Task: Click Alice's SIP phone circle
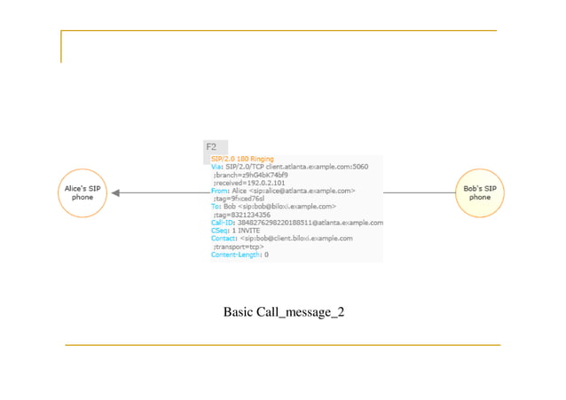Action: pos(83,193)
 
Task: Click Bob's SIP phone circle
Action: pos(480,193)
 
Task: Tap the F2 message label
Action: pos(211,146)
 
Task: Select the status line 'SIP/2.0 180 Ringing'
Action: pos(242,159)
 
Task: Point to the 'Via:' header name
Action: pos(217,167)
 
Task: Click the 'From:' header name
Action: pos(220,191)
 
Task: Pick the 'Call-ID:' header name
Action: pos(224,223)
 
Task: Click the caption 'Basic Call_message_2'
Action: pos(283,312)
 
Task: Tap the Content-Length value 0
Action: pos(266,255)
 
